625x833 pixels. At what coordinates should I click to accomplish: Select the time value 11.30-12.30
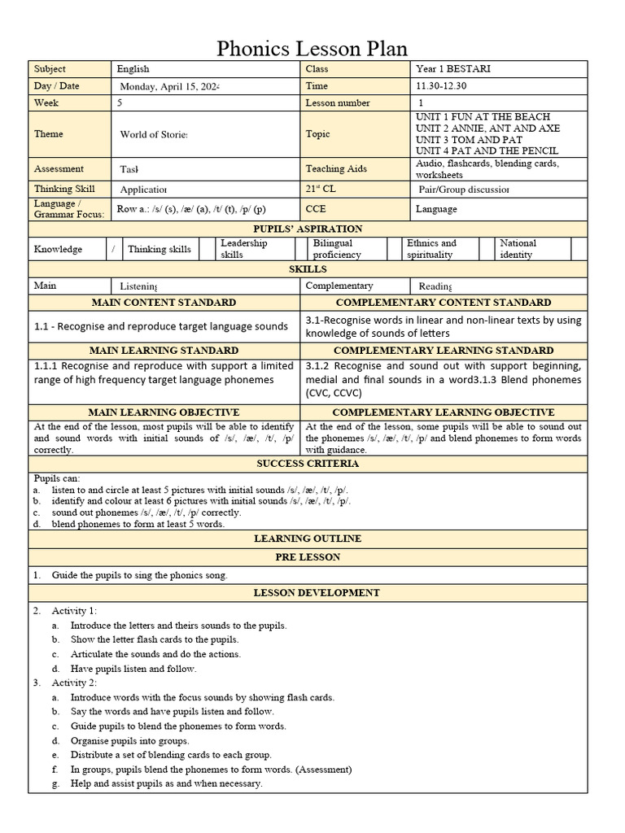[x=442, y=86]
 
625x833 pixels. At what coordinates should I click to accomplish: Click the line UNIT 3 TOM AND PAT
[x=469, y=140]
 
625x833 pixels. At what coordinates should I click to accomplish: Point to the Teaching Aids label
[x=335, y=169]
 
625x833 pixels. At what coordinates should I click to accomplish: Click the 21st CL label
[x=322, y=189]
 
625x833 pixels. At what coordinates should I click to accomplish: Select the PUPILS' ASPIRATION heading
[x=308, y=229]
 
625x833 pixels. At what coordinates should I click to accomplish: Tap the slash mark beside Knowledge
[x=113, y=249]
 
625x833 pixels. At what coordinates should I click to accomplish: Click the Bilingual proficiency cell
[x=337, y=249]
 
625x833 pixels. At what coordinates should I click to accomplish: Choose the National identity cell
[x=518, y=249]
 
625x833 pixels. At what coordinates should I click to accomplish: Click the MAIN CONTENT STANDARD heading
[x=164, y=303]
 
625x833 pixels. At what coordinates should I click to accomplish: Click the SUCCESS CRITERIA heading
[x=308, y=464]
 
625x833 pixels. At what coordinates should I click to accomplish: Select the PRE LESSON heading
[x=308, y=557]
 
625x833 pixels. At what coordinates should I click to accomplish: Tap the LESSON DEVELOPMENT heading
[x=308, y=593]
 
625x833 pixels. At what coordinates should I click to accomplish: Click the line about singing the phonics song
[x=139, y=575]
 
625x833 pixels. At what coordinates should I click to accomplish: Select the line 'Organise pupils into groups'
[x=129, y=740]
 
